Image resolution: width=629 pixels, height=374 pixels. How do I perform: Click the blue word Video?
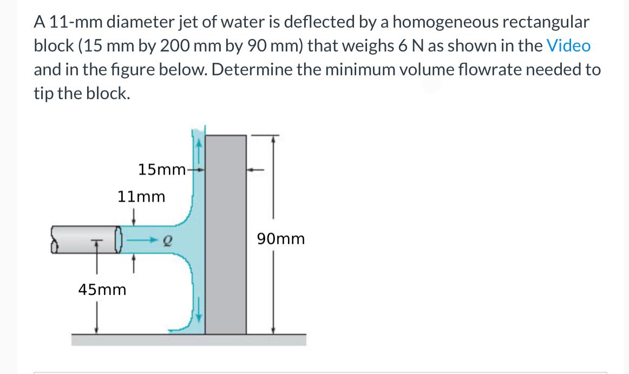pos(568,46)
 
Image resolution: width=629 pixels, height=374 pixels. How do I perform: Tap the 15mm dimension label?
pos(162,170)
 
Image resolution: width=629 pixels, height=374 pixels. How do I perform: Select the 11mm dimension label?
pos(141,197)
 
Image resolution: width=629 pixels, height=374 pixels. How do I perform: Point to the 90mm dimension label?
pos(281,238)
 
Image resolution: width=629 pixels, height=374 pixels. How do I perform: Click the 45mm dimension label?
pos(102,289)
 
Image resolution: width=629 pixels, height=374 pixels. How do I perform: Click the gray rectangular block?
pos(226,233)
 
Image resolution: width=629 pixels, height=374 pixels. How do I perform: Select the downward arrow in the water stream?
pos(199,314)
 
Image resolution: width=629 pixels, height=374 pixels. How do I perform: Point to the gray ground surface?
pos(189,340)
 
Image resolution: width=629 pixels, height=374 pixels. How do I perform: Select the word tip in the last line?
pos(43,93)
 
